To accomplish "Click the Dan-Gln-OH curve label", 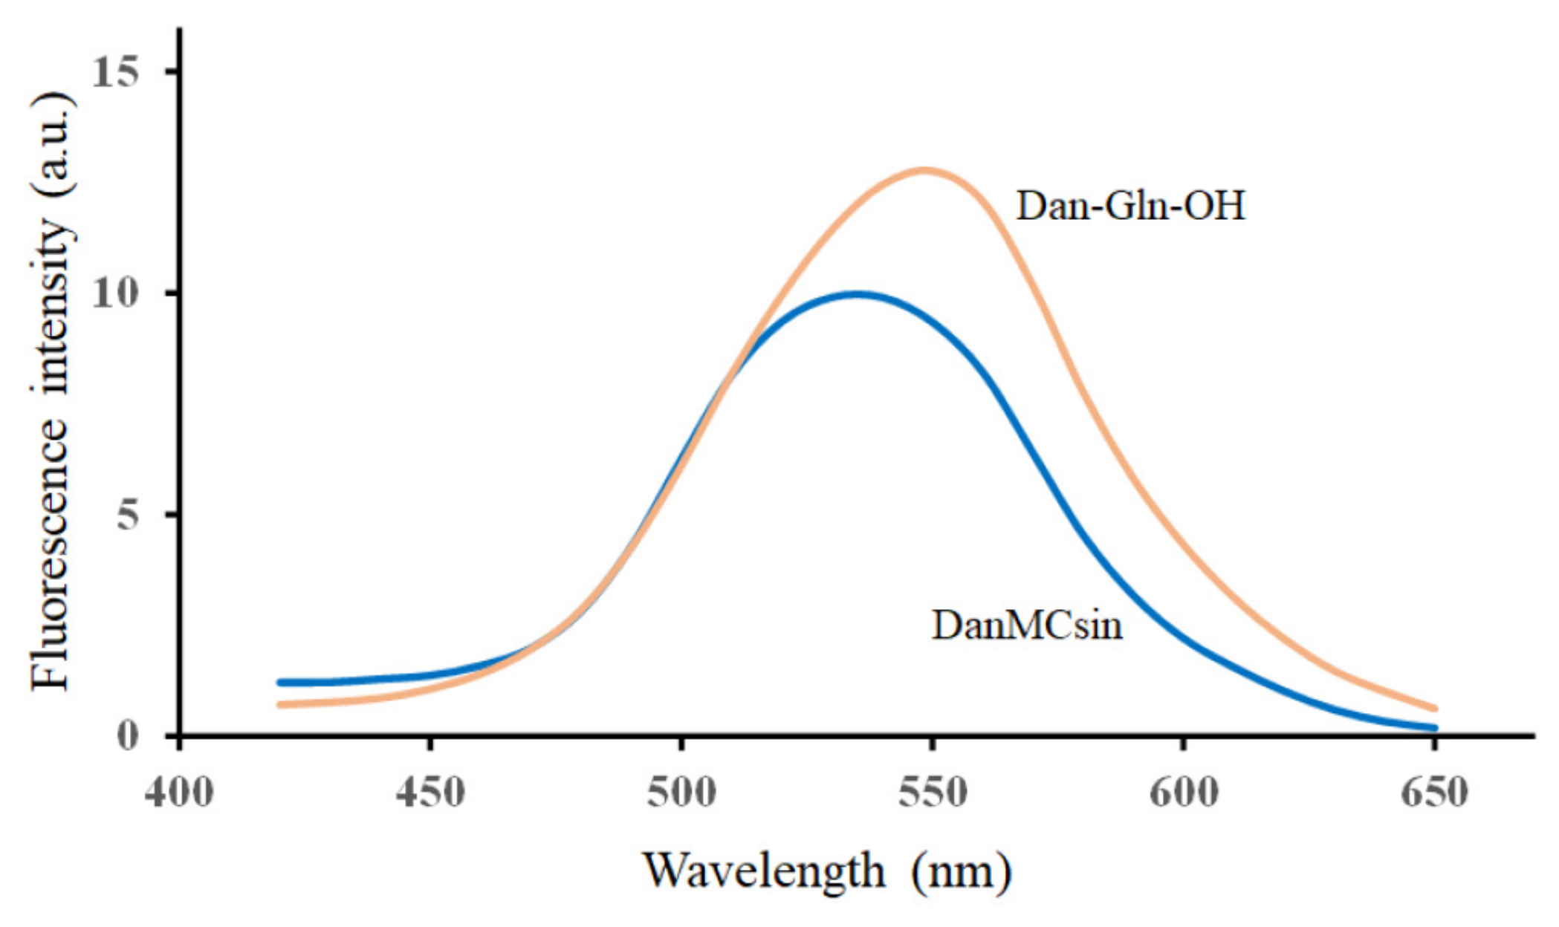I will coord(1130,205).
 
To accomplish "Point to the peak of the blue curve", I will coord(858,294).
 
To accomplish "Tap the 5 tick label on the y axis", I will coord(128,515).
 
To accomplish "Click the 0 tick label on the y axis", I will coord(128,735).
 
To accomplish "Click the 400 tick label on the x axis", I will coord(179,792).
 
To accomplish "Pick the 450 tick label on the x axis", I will coord(430,792).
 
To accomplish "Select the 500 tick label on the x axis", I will coord(681,792).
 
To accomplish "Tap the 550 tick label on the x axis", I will coord(932,792).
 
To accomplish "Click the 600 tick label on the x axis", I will coord(1183,792).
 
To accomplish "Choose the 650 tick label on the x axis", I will coord(1434,792).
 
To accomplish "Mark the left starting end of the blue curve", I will coord(280,682).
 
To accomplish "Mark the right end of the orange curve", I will coord(1435,709).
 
